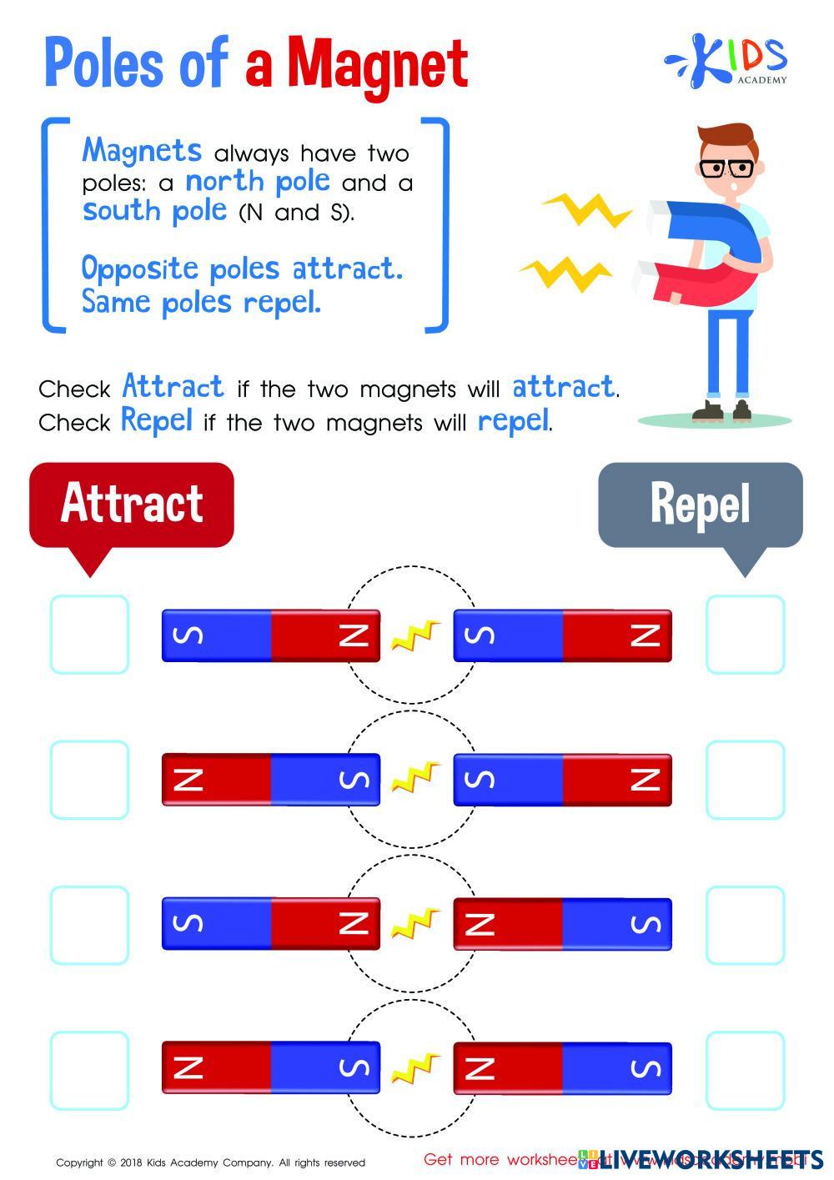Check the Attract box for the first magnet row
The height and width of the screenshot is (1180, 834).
(89, 635)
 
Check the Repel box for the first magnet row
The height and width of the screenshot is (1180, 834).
(745, 635)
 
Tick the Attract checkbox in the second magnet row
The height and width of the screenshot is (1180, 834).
(89, 780)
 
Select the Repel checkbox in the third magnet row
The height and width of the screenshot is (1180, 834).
(745, 924)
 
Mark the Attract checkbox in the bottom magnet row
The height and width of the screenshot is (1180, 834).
(89, 1070)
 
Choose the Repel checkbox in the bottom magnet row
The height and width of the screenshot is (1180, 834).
(745, 1070)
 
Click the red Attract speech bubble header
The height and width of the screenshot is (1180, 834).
(132, 504)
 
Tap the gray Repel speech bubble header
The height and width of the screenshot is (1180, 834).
(701, 504)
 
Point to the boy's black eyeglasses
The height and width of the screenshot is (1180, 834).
(726, 168)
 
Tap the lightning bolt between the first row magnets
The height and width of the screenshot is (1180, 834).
(415, 636)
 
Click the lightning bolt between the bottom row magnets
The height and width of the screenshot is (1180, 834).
(415, 1068)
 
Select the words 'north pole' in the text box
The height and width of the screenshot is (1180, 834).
(257, 181)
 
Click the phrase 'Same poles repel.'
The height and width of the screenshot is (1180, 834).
(201, 302)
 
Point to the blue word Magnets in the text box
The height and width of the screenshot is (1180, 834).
(142, 151)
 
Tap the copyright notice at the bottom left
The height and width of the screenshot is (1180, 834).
(210, 1162)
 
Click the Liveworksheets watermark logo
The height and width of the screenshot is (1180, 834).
(709, 1157)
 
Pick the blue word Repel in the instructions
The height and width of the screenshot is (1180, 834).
(157, 419)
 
